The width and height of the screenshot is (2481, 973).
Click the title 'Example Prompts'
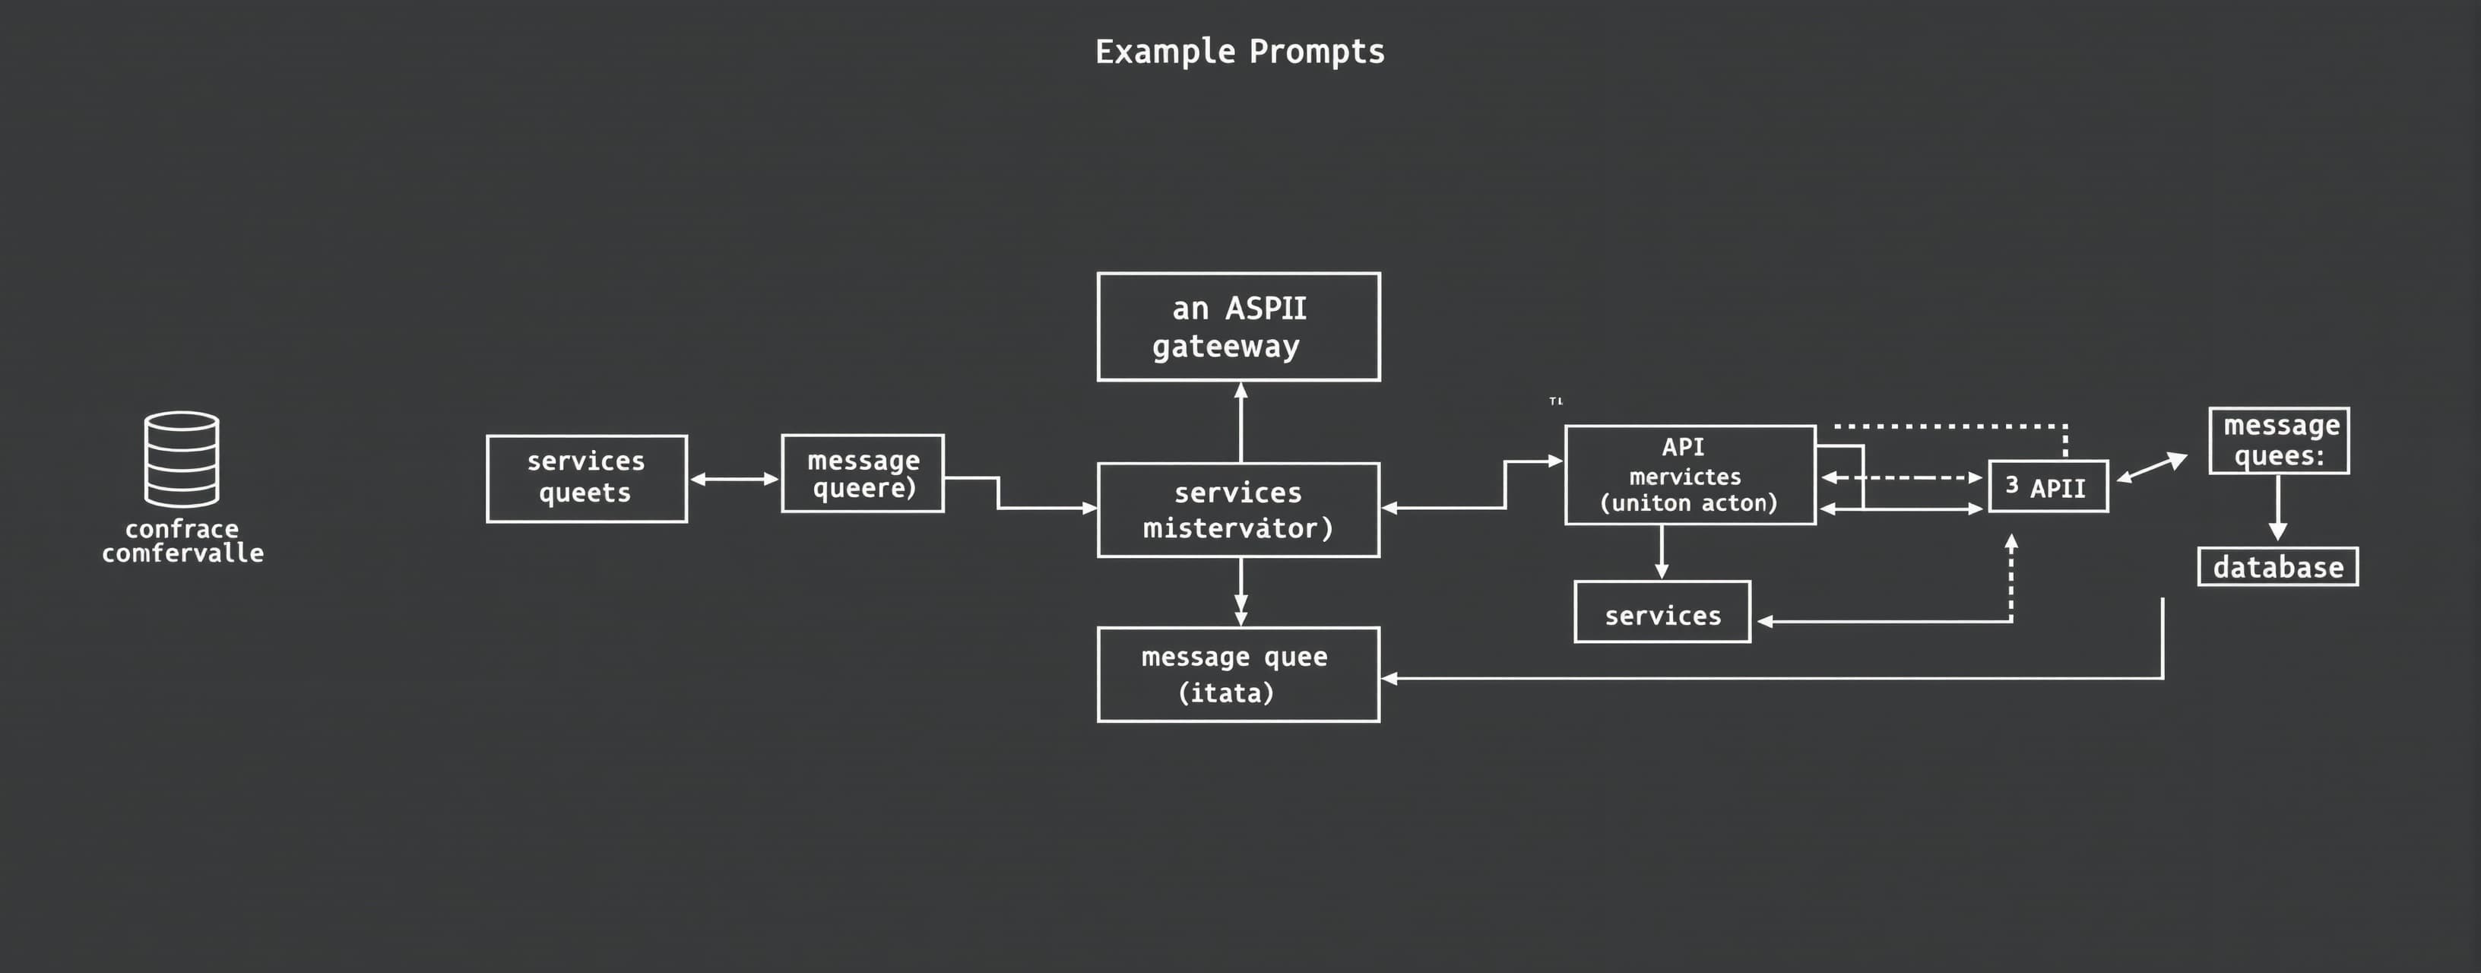1240,51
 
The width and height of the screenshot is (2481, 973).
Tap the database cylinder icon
181,460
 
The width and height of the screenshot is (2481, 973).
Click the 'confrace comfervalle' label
182,541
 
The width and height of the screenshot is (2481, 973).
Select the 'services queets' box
587,479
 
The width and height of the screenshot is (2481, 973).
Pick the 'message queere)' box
862,474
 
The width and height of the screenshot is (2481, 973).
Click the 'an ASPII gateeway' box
1238,327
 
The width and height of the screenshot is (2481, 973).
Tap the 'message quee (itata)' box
1238,674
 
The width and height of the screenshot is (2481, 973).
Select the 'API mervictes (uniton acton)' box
1690,475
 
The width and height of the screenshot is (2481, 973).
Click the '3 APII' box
2048,486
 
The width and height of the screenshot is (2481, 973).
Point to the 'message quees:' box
2279,441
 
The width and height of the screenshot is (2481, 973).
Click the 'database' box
2278,567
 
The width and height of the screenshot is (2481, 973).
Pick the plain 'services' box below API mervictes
1662,613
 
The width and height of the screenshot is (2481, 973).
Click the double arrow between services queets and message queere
734,479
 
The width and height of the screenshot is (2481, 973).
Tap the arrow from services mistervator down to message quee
1240,591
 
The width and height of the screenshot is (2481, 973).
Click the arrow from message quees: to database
2278,508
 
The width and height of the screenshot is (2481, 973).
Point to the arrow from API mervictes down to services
1662,552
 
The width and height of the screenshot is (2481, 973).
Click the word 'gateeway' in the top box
1226,347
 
